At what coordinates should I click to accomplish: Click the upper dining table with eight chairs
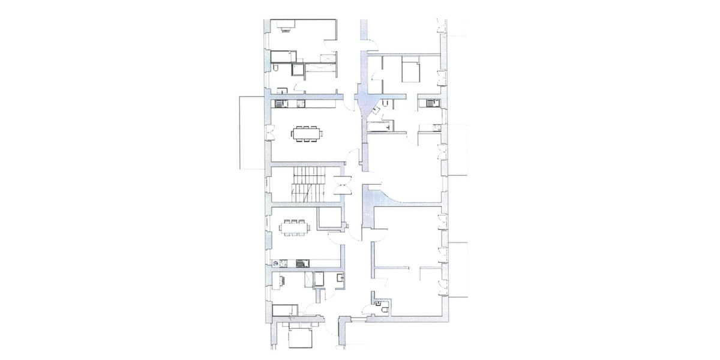click(x=305, y=133)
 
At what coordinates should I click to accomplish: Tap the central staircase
click(x=308, y=184)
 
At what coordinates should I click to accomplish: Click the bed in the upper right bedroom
click(x=411, y=71)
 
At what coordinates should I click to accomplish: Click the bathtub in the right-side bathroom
click(x=380, y=126)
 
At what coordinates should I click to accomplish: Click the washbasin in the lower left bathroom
click(x=340, y=278)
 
